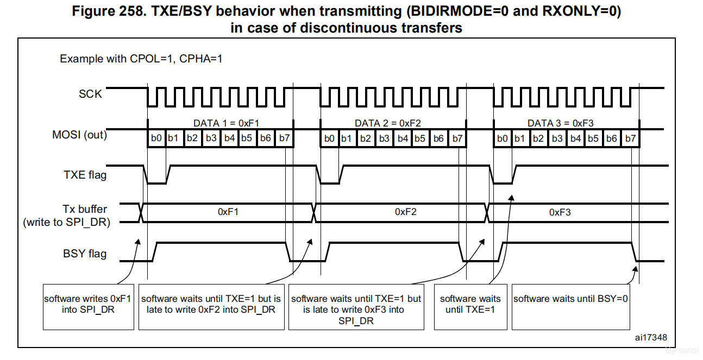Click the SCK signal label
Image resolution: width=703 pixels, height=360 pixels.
pos(90,94)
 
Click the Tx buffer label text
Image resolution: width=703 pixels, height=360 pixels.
pos(85,209)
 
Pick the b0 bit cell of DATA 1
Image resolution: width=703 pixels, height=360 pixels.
pos(156,138)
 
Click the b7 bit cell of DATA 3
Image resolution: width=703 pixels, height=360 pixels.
pos(630,138)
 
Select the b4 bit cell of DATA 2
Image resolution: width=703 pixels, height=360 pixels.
pos(403,138)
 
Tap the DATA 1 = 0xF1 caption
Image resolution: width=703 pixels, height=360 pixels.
pos(230,123)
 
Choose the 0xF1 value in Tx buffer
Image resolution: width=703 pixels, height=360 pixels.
pos(228,212)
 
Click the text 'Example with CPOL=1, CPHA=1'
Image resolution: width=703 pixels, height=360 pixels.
pos(141,59)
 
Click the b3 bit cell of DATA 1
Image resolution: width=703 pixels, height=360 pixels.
pos(211,138)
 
